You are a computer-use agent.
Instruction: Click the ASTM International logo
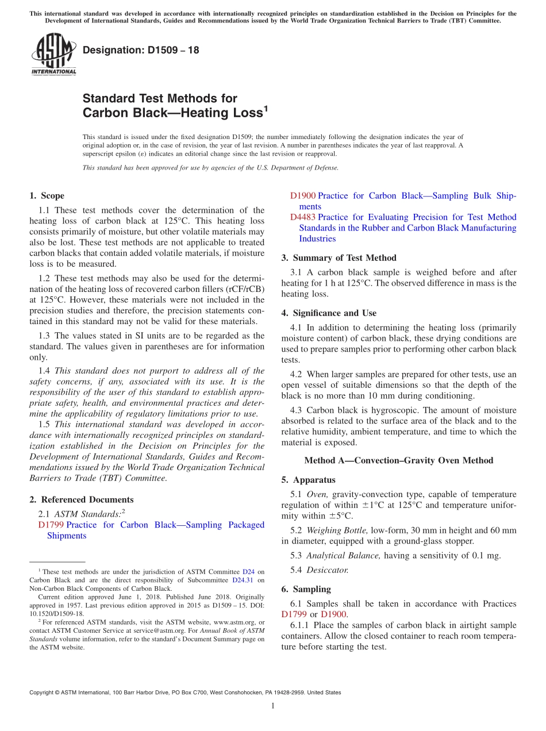pyautogui.click(x=53, y=55)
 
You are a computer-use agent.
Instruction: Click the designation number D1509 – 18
pyautogui.click(x=141, y=50)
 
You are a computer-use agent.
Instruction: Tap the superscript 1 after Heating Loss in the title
pyautogui.click(x=266, y=108)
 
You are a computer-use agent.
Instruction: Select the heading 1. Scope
pyautogui.click(x=47, y=196)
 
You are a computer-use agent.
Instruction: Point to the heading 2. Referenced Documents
pyautogui.click(x=82, y=500)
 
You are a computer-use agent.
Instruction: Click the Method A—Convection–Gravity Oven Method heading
pyautogui.click(x=398, y=460)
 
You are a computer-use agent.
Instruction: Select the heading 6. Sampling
pyautogui.click(x=306, y=589)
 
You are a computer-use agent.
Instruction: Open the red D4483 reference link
pyautogui.click(x=303, y=217)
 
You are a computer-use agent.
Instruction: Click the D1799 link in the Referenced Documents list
pyautogui.click(x=51, y=525)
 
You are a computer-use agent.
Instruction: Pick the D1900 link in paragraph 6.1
pyautogui.click(x=334, y=614)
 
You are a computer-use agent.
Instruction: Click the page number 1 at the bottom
pyautogui.click(x=273, y=706)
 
